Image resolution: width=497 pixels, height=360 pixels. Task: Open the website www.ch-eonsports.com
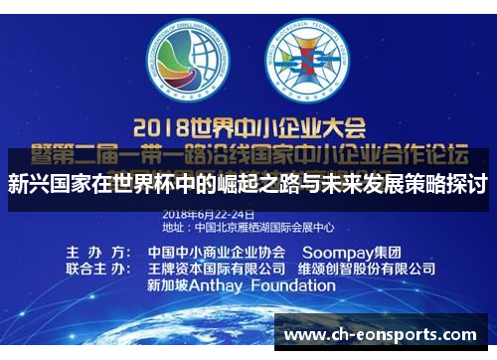382,336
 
